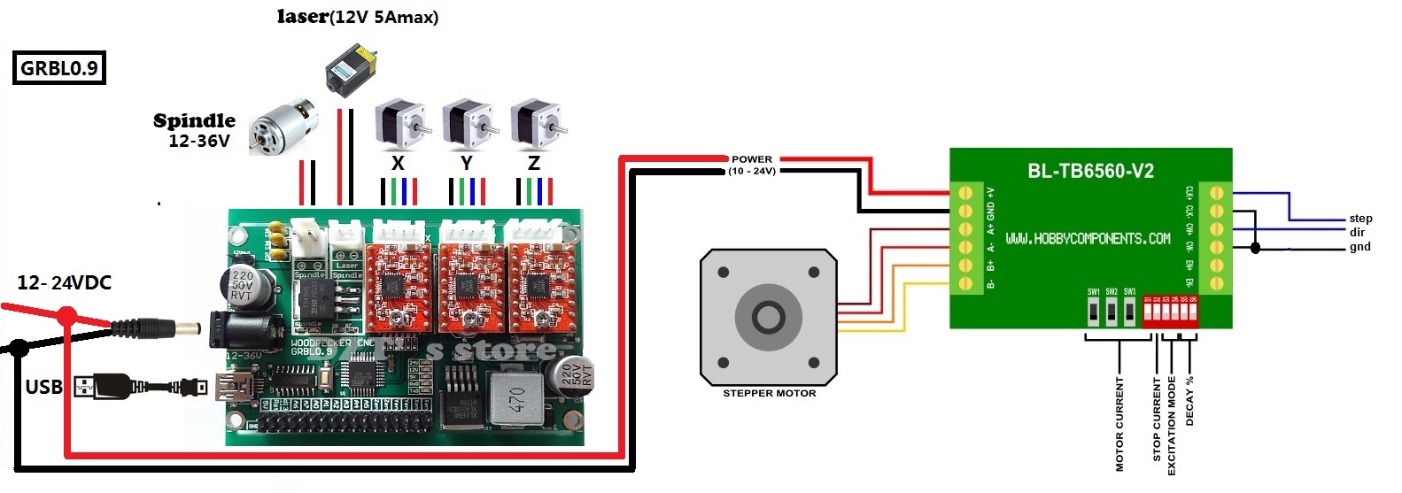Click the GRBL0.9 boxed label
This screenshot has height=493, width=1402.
click(59, 68)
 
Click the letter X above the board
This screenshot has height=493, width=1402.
click(398, 163)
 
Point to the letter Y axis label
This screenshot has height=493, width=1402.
click(466, 163)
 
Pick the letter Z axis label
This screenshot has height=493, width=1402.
click(533, 163)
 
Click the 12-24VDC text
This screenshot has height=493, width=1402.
click(65, 283)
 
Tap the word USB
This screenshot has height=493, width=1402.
click(43, 387)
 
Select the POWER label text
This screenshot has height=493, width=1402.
click(752, 159)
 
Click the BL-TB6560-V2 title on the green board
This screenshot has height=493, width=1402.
click(1090, 171)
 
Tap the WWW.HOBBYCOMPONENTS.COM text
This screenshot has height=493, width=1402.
click(1088, 238)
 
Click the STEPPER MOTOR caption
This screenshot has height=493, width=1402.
click(769, 393)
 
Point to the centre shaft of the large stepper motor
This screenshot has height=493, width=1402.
click(768, 316)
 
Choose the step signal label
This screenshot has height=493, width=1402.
click(1360, 219)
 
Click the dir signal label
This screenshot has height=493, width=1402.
click(1357, 233)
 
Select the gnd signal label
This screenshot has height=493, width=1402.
click(1359, 247)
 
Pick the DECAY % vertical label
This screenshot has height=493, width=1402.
click(1189, 401)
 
